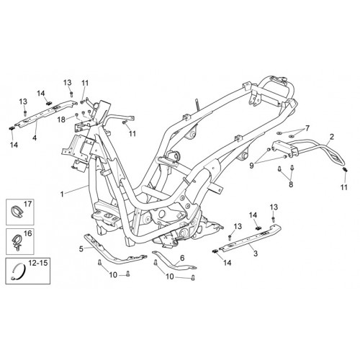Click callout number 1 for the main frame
(x=62, y=194)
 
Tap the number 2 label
(x=332, y=137)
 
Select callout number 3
(x=256, y=253)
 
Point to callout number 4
(x=35, y=138)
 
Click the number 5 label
(x=81, y=249)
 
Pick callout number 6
(x=182, y=258)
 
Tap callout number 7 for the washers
(x=307, y=128)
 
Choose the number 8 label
(x=291, y=184)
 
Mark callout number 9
(x=251, y=166)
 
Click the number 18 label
(x=61, y=120)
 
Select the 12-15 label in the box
(x=38, y=263)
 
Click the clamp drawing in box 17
(x=17, y=211)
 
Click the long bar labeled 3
(x=250, y=238)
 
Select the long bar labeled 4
(x=45, y=113)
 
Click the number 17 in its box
(x=28, y=204)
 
